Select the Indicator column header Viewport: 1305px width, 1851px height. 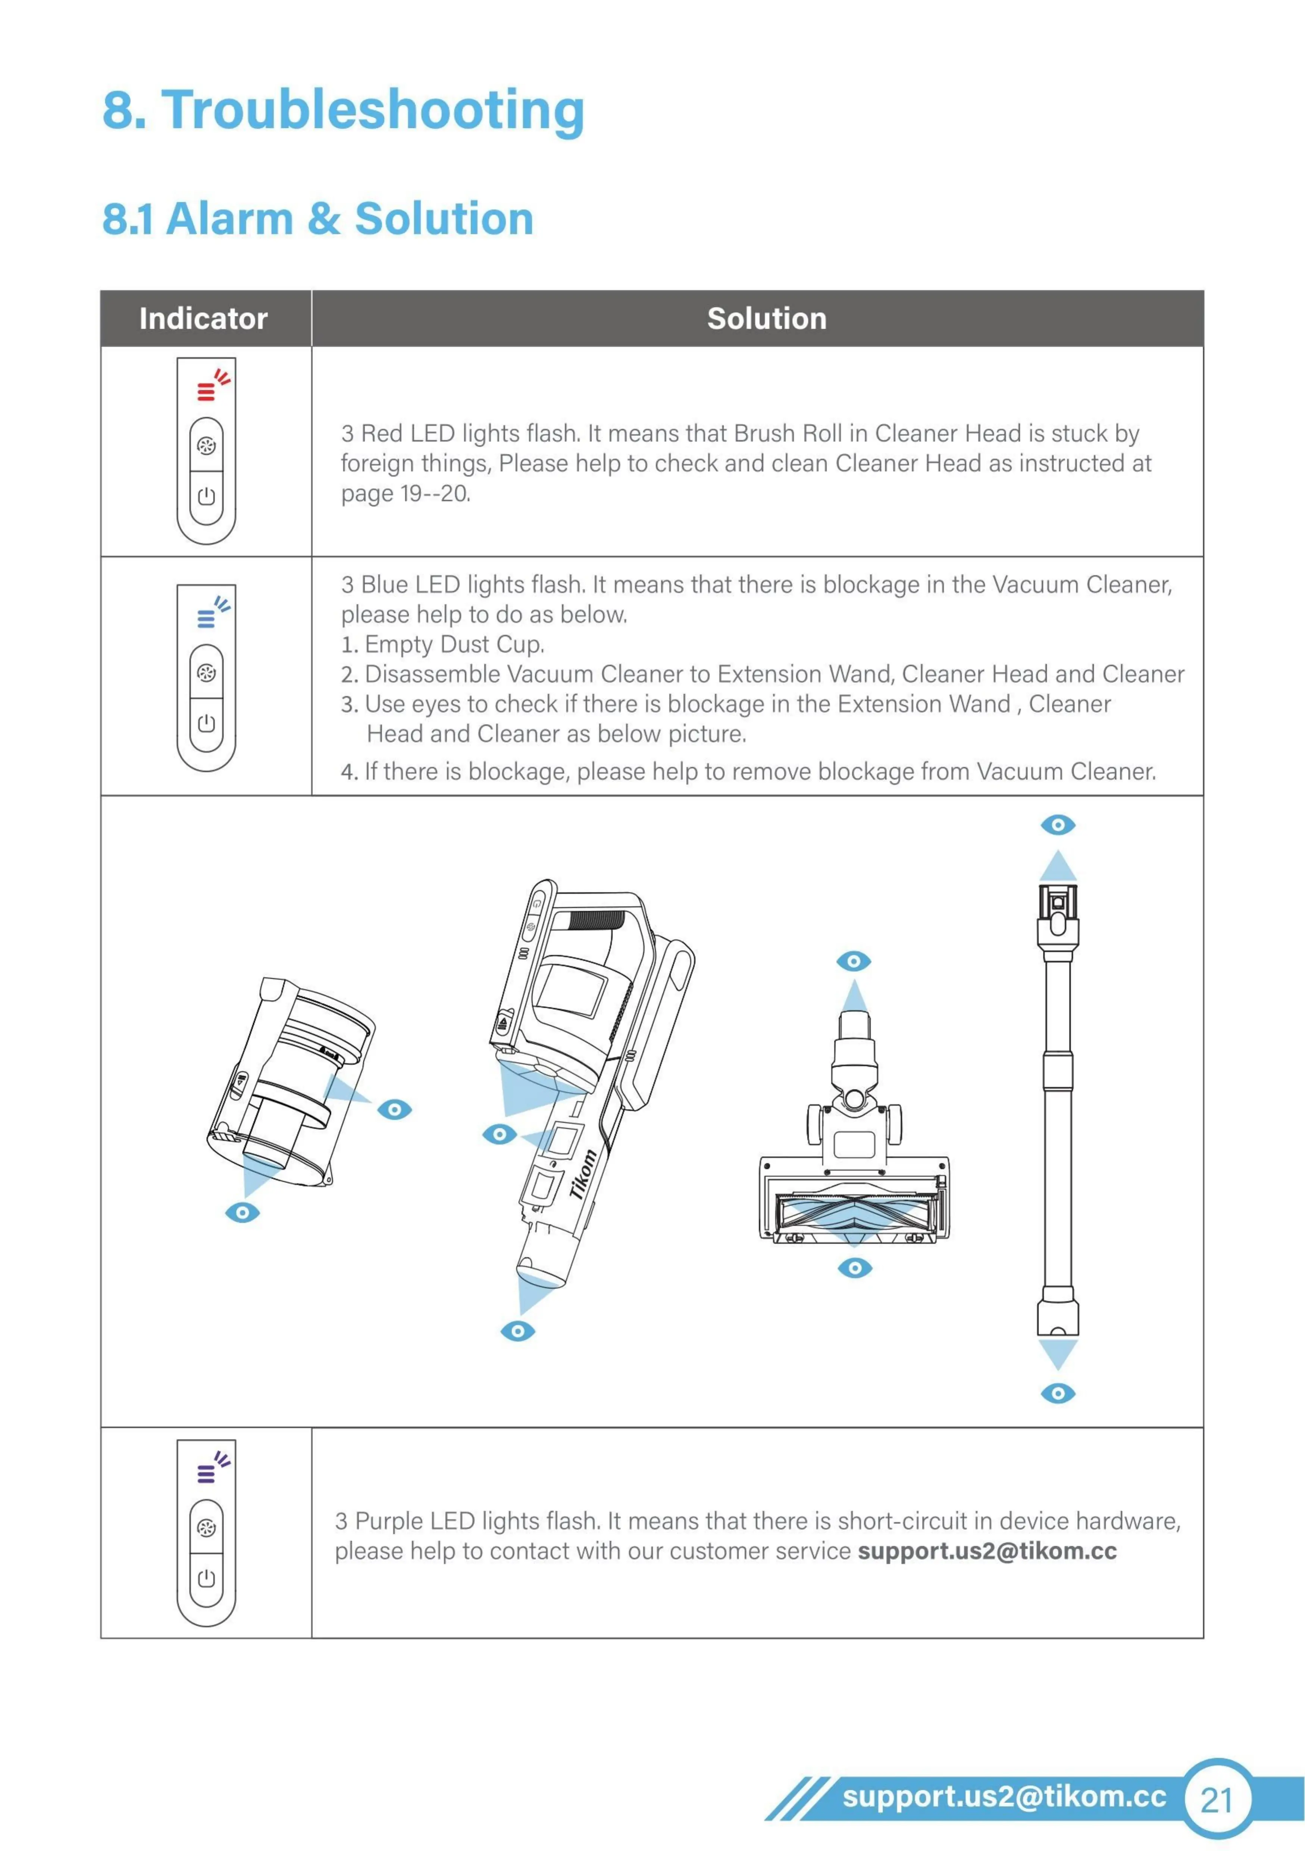203,319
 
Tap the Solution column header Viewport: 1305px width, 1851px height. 767,319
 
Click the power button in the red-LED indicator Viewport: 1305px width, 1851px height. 206,496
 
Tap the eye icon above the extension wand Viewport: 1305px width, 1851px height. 1058,825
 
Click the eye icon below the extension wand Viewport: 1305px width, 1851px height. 1058,1393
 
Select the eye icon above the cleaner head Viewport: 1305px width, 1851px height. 854,961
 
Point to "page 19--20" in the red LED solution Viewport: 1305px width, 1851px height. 405,494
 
